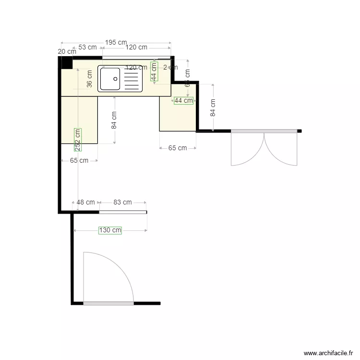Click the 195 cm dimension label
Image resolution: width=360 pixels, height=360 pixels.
[x=116, y=42]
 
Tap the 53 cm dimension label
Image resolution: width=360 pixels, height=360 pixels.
[x=87, y=48]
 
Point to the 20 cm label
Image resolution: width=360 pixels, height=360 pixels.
[x=67, y=51]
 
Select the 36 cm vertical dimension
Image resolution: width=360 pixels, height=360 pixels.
[x=89, y=79]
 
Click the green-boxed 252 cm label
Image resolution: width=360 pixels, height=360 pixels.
[x=78, y=140]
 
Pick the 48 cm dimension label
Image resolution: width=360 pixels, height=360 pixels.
[x=86, y=203]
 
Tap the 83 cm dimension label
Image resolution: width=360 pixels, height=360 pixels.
[x=122, y=203]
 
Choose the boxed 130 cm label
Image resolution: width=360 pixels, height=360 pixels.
[x=110, y=230]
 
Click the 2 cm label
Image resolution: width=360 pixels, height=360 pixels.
[x=170, y=67]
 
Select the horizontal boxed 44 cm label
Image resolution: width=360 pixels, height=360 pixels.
[x=183, y=100]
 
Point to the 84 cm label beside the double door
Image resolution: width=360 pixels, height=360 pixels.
[x=213, y=108]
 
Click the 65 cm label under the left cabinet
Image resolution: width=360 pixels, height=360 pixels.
[x=79, y=161]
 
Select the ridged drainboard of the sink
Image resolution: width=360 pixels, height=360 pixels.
[x=132, y=79]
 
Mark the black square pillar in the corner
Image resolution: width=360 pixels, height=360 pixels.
[x=66, y=63]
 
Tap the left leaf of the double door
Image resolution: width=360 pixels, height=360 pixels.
[x=247, y=149]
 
